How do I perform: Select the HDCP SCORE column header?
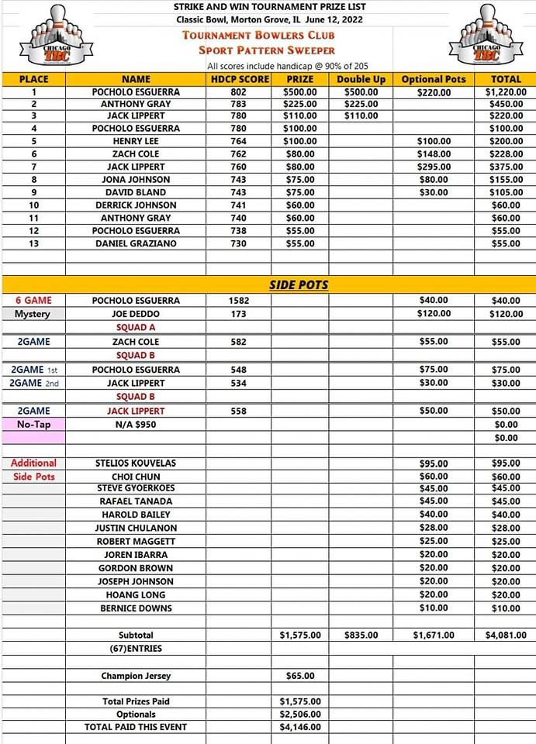pyautogui.click(x=240, y=79)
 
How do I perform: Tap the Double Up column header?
pyautogui.click(x=361, y=79)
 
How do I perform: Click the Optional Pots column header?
pyautogui.click(x=434, y=79)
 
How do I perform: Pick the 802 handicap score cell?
pyautogui.click(x=238, y=91)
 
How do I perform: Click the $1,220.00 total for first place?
pyautogui.click(x=505, y=91)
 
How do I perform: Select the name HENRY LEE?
pyautogui.click(x=136, y=141)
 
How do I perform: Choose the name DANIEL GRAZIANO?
pyautogui.click(x=136, y=243)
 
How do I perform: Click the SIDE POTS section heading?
pyautogui.click(x=299, y=284)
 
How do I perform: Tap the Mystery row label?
pyautogui.click(x=33, y=314)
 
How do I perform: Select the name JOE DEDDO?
pyautogui.click(x=136, y=314)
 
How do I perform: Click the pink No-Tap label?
pyautogui.click(x=33, y=425)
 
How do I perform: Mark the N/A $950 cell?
pyautogui.click(x=136, y=425)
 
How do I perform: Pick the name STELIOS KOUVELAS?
pyautogui.click(x=136, y=463)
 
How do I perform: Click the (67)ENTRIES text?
pyautogui.click(x=136, y=649)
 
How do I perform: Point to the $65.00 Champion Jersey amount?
pyautogui.click(x=299, y=676)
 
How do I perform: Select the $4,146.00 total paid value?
pyautogui.click(x=299, y=727)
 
